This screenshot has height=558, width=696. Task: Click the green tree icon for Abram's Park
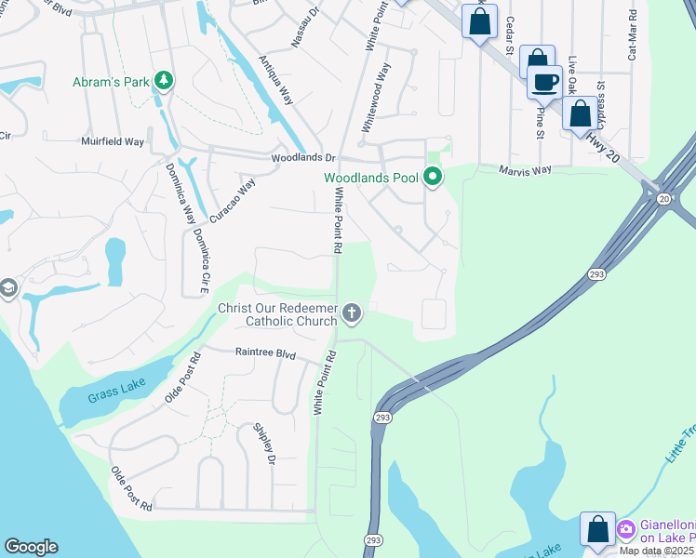[164, 81]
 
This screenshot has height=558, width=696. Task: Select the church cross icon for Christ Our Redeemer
[352, 313]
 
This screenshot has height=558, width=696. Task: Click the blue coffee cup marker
[545, 83]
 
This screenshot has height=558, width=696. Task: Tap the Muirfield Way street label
[113, 142]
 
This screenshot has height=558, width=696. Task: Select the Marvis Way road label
[525, 170]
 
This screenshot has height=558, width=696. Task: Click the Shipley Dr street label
[265, 444]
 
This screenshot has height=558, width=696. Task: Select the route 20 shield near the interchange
[663, 198]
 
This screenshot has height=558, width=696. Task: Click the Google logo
[31, 547]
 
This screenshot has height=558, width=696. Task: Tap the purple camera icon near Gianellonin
[626, 529]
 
